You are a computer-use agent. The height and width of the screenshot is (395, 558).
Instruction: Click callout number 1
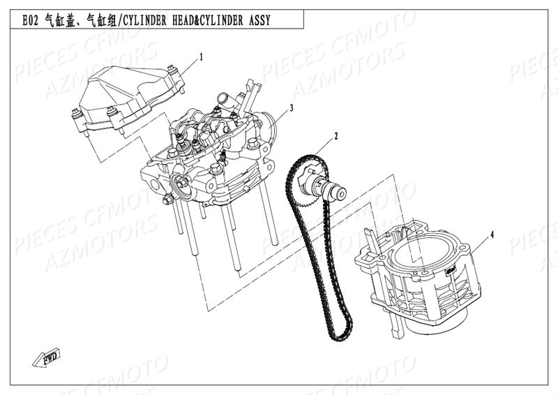(x=202, y=57)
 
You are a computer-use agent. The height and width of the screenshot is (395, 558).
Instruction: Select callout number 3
(x=291, y=107)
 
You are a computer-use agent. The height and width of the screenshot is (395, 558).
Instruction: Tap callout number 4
(x=492, y=234)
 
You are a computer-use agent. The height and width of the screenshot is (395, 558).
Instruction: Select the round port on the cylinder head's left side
(x=183, y=186)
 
